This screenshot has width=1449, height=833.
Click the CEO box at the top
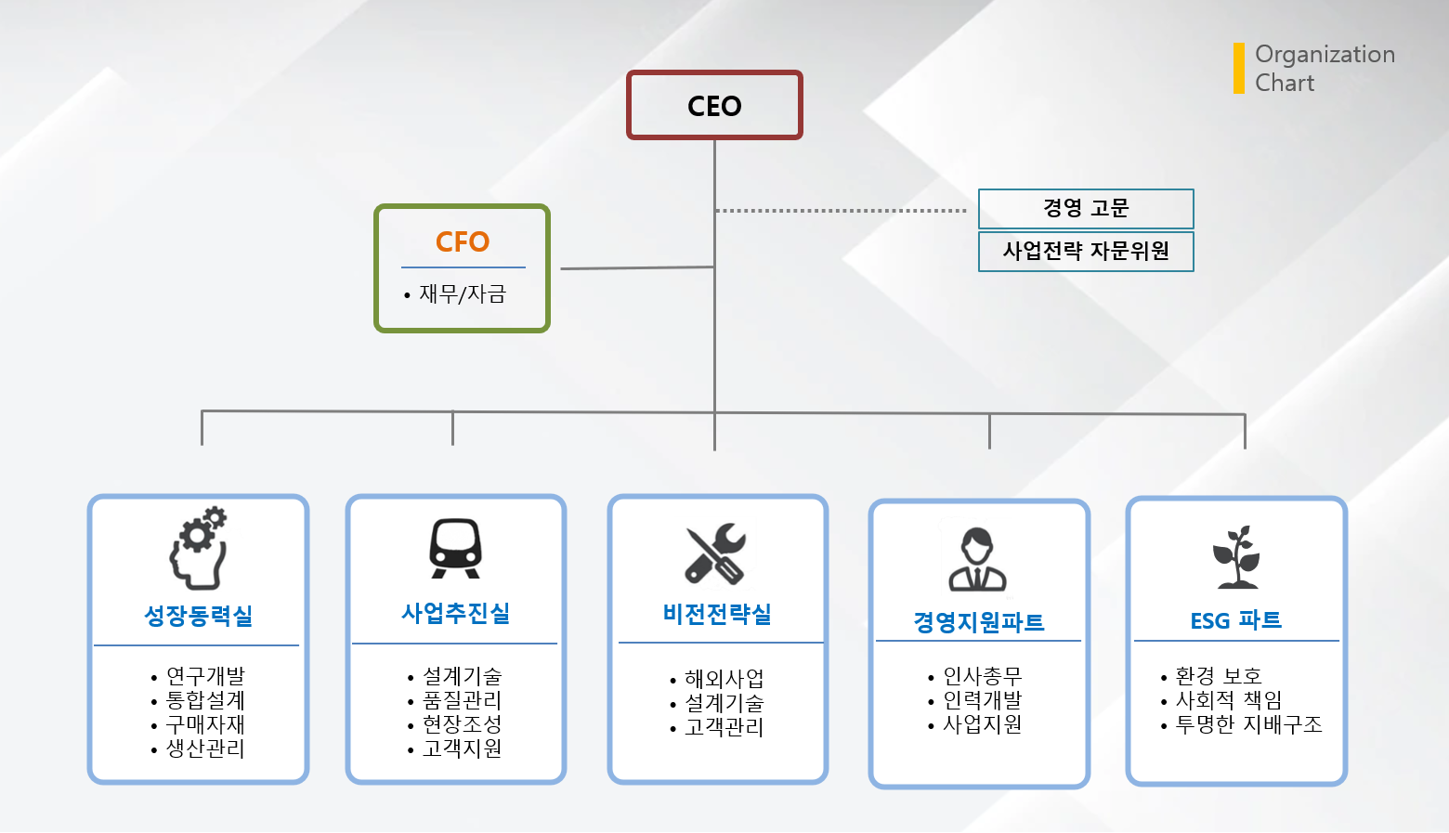[714, 106]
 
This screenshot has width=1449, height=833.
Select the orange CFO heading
[463, 242]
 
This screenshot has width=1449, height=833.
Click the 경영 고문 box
[1085, 208]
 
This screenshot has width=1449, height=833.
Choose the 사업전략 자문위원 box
[1085, 251]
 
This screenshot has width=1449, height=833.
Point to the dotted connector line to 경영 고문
[841, 211]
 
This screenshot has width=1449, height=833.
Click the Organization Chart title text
[1324, 68]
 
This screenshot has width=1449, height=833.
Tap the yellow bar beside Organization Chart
[1238, 68]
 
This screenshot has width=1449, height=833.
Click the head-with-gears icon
[199, 548]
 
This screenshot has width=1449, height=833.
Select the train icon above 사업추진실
[455, 548]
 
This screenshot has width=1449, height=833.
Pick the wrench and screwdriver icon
[716, 553]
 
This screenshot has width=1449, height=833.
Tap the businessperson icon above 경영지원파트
[977, 559]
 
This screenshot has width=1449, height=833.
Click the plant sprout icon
[1236, 557]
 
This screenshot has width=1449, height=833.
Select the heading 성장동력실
[199, 616]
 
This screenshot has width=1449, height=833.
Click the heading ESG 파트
[1236, 620]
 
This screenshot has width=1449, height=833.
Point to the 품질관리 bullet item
[462, 700]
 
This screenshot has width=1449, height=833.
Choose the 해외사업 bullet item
[724, 679]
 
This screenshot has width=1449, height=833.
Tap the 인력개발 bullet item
[982, 700]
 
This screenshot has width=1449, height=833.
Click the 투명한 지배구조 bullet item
[1247, 724]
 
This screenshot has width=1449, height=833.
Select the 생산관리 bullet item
[204, 748]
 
